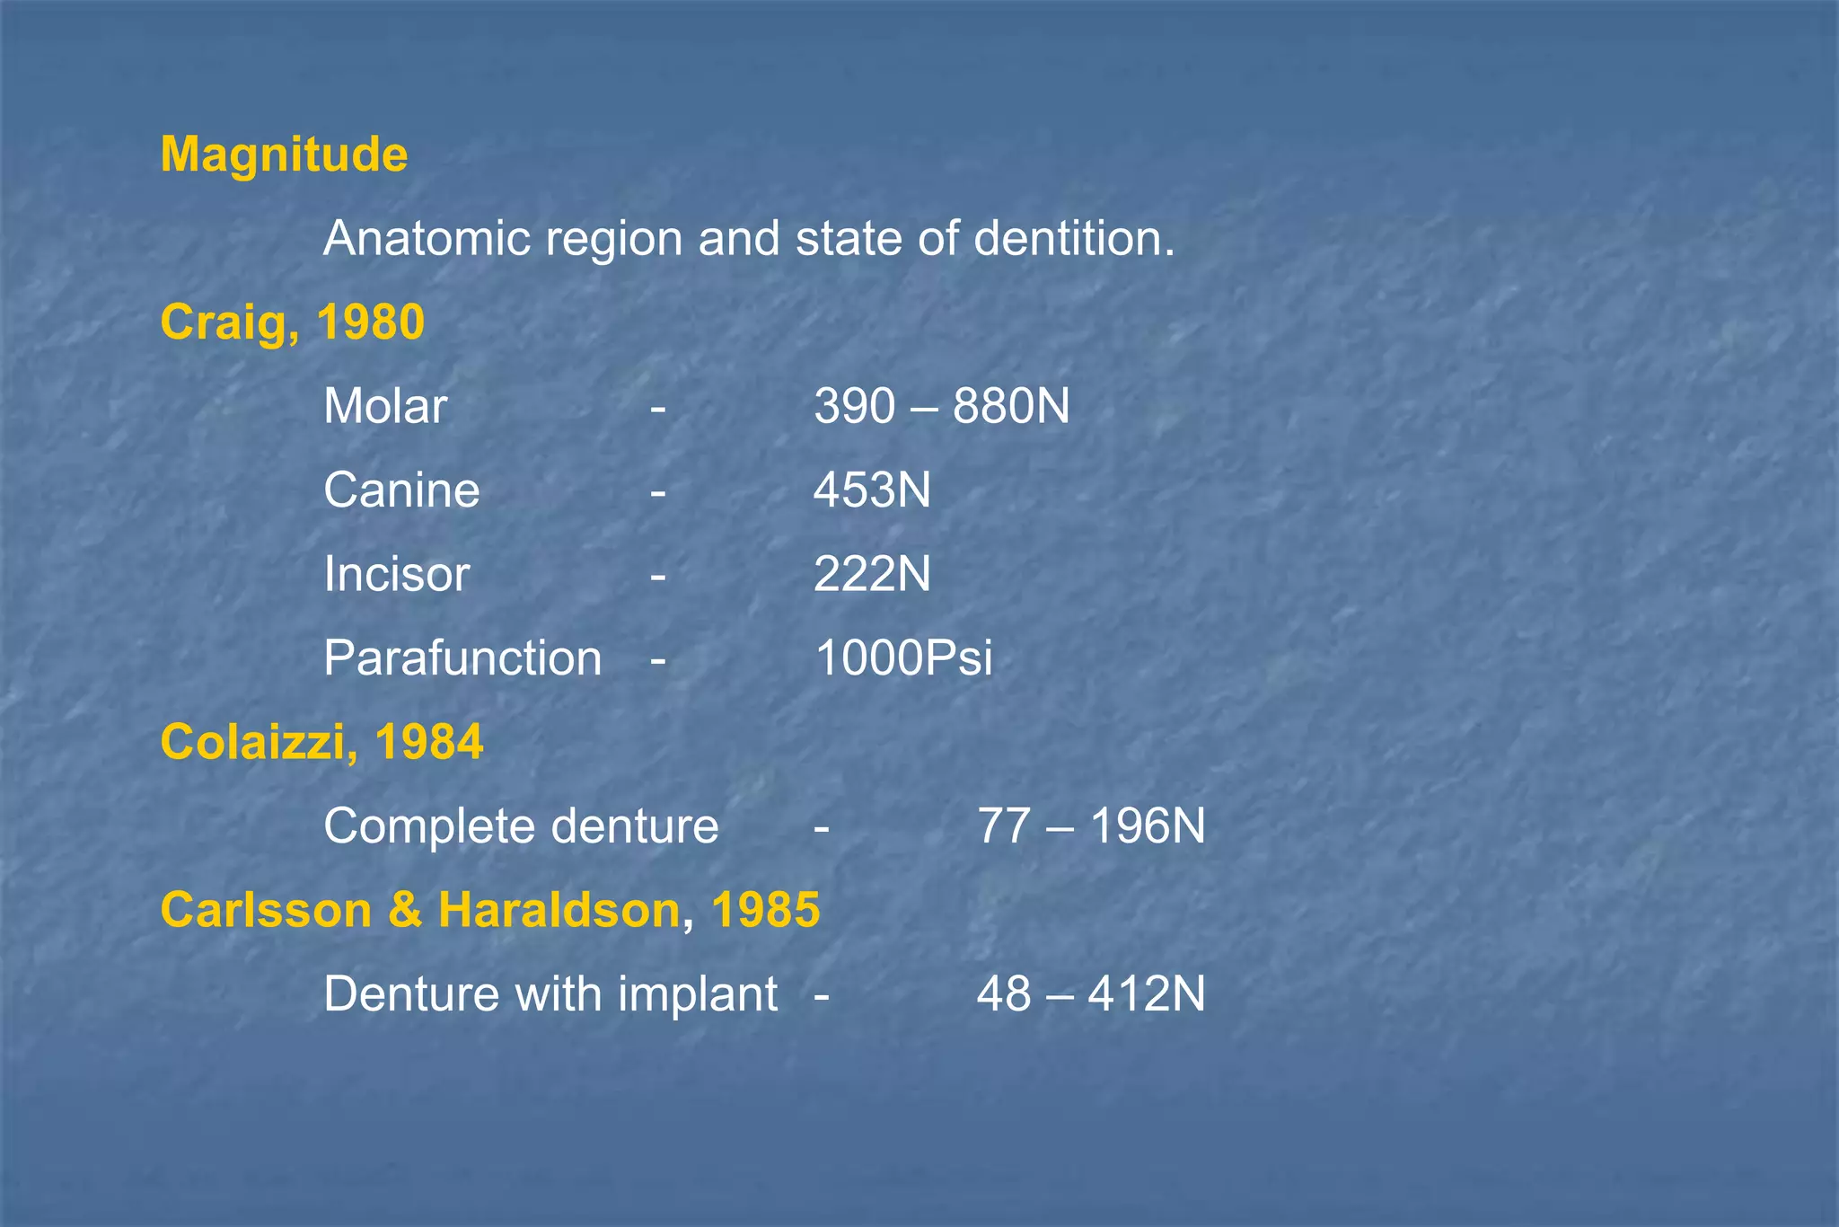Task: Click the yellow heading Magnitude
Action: (x=284, y=154)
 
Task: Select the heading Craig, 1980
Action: (x=292, y=322)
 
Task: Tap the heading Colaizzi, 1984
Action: (x=321, y=742)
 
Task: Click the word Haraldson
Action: (x=559, y=910)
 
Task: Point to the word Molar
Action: (x=385, y=406)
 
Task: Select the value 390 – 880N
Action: (x=941, y=406)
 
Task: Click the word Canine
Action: (x=401, y=490)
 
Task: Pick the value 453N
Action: (x=872, y=490)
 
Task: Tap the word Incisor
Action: (x=396, y=574)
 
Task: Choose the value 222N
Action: (x=872, y=574)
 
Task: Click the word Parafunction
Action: (x=462, y=658)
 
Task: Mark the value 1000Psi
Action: (x=902, y=658)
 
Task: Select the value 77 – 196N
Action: (x=1090, y=826)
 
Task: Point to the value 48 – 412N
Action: (x=1090, y=994)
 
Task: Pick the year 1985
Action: (x=765, y=910)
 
